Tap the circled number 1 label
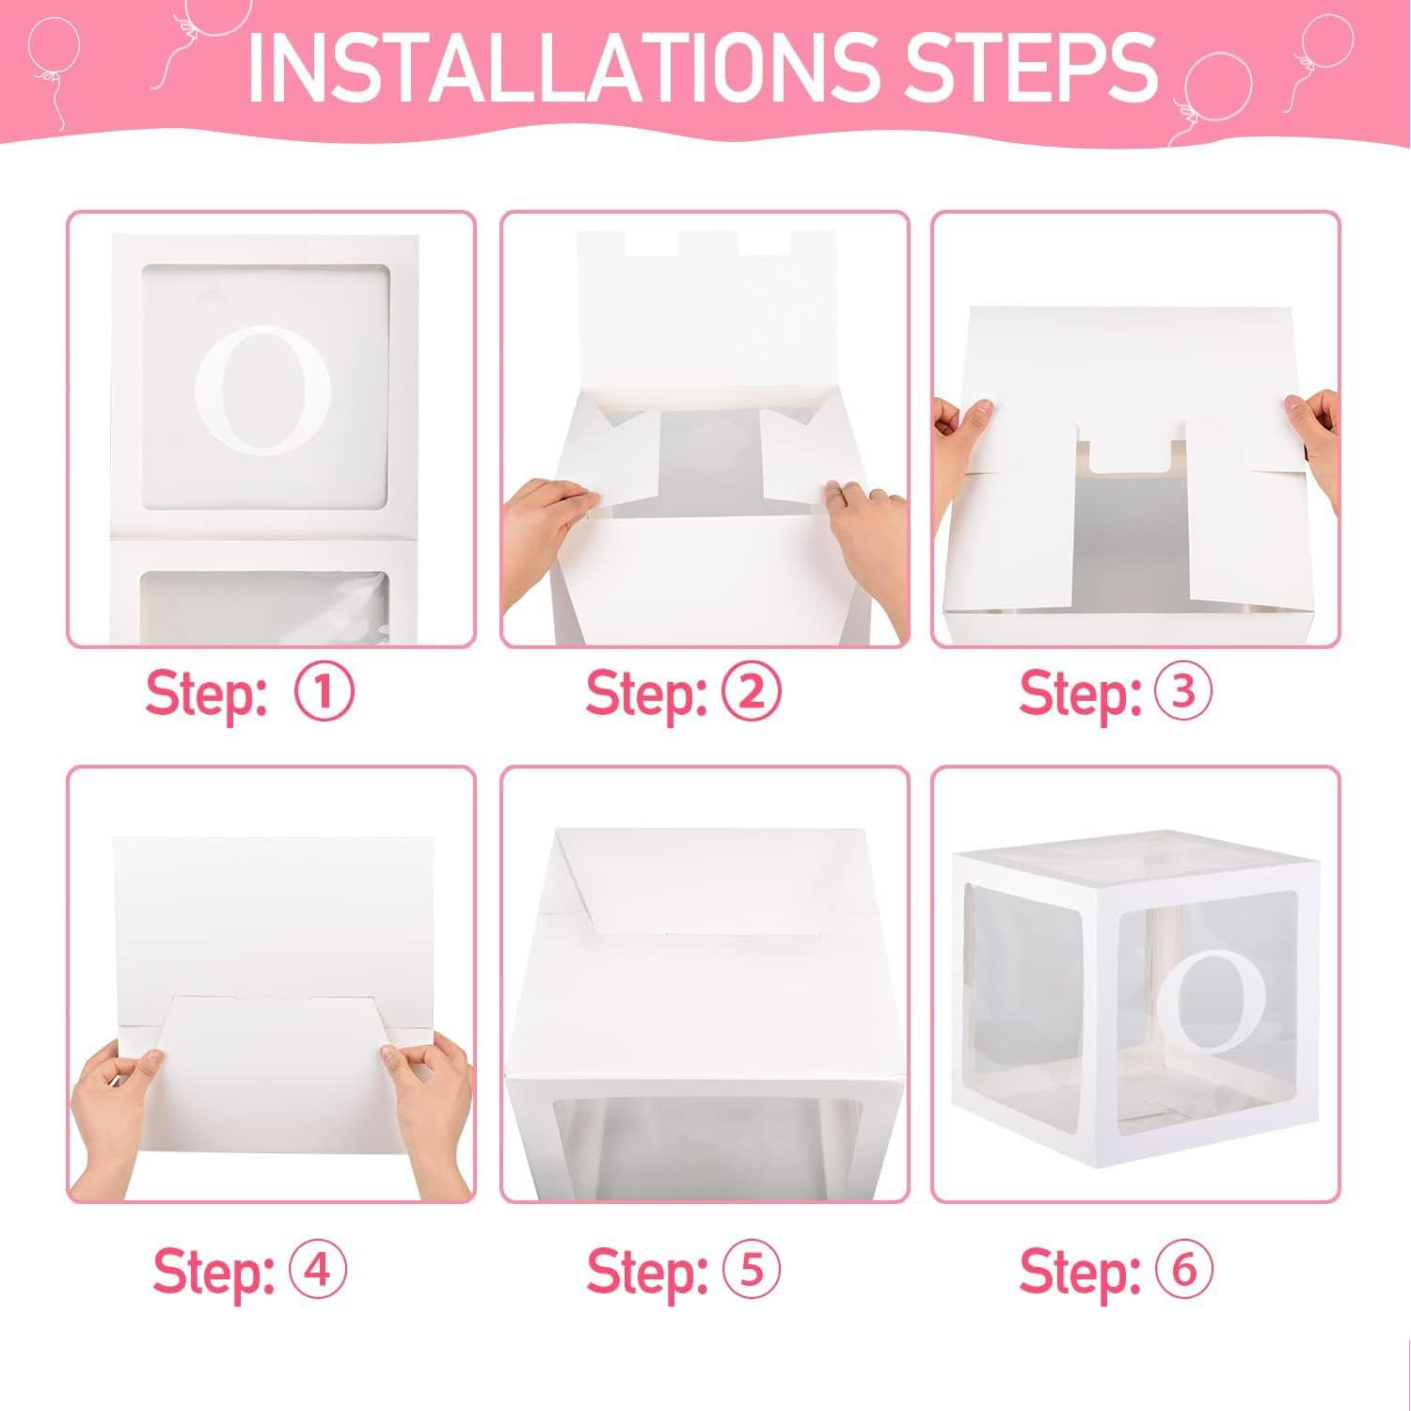click(325, 693)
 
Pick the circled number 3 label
click(1183, 693)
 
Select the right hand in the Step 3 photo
click(1317, 423)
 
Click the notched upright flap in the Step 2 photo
click(704, 301)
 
